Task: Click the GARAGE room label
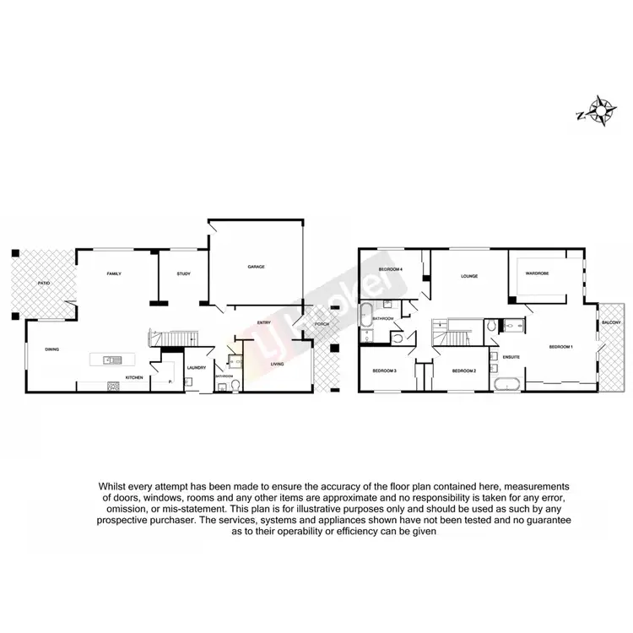[256, 267]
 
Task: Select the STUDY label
[183, 274]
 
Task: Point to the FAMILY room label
[114, 274]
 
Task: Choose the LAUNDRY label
[197, 368]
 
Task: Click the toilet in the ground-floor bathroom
[235, 386]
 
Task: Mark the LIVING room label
[277, 364]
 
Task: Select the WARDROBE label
[537, 273]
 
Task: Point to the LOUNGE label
[468, 276]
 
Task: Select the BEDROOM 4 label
[389, 268]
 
